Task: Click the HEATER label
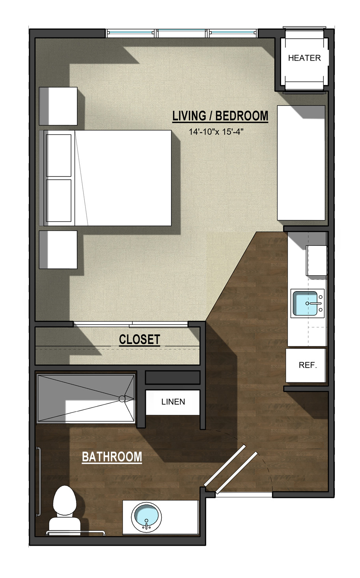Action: coord(304,58)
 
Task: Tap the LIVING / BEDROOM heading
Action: coord(220,116)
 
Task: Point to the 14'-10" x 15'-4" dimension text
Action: coord(216,132)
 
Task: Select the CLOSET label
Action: coord(140,339)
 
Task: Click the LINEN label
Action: coord(173,401)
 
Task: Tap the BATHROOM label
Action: coord(112,457)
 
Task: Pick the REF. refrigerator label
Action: coord(308,365)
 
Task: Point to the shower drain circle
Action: coord(122,399)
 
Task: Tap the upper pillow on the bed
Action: coord(59,156)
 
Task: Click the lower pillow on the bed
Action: coord(59,201)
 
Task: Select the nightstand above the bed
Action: coord(58,106)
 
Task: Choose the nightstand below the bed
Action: coord(58,249)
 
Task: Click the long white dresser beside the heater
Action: coord(301,163)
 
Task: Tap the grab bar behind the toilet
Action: coord(76,532)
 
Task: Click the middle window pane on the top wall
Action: coord(182,33)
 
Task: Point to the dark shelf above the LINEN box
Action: coord(173,377)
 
